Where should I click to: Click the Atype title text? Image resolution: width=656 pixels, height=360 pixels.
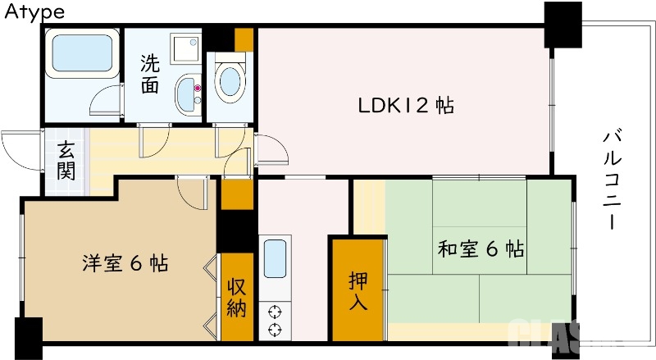(x=34, y=11)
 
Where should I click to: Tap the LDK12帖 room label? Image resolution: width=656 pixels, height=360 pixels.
(x=406, y=106)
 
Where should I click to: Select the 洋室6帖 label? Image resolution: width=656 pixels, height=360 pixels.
(x=125, y=264)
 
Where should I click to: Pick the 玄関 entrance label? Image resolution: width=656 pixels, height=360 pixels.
(x=66, y=162)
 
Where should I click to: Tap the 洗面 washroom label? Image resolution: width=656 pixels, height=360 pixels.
(x=149, y=74)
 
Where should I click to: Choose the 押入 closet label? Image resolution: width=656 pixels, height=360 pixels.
(x=358, y=291)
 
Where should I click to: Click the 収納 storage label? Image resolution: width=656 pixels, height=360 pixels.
(x=237, y=297)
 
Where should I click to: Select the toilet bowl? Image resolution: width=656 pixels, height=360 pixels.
(x=229, y=82)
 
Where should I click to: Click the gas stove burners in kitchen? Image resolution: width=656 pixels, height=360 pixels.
(x=275, y=321)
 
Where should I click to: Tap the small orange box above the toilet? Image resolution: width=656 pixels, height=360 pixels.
(x=244, y=39)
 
